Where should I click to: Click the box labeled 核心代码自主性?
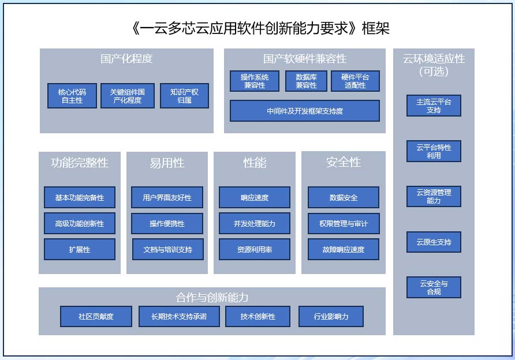click(x=72, y=96)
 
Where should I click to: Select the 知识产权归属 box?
click(x=184, y=96)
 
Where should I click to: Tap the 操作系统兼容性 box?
click(x=254, y=81)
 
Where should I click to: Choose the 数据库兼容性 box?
click(x=306, y=81)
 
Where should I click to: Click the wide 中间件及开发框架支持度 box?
click(x=305, y=111)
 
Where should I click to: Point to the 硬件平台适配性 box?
click(x=355, y=81)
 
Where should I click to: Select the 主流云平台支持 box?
click(x=434, y=106)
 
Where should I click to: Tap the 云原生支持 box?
click(x=434, y=242)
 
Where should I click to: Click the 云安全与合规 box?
click(x=434, y=287)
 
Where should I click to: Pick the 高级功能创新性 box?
click(x=80, y=223)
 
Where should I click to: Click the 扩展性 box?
click(x=80, y=250)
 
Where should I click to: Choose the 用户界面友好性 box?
click(x=167, y=197)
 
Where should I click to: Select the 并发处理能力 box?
click(x=254, y=223)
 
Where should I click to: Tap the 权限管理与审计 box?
click(x=344, y=223)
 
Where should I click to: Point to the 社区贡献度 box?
click(x=96, y=316)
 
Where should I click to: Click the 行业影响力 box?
click(x=331, y=316)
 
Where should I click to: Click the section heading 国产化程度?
click(x=126, y=59)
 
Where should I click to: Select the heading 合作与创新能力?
click(x=212, y=298)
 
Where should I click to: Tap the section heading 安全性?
click(x=344, y=163)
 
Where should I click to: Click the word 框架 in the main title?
click(x=379, y=28)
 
